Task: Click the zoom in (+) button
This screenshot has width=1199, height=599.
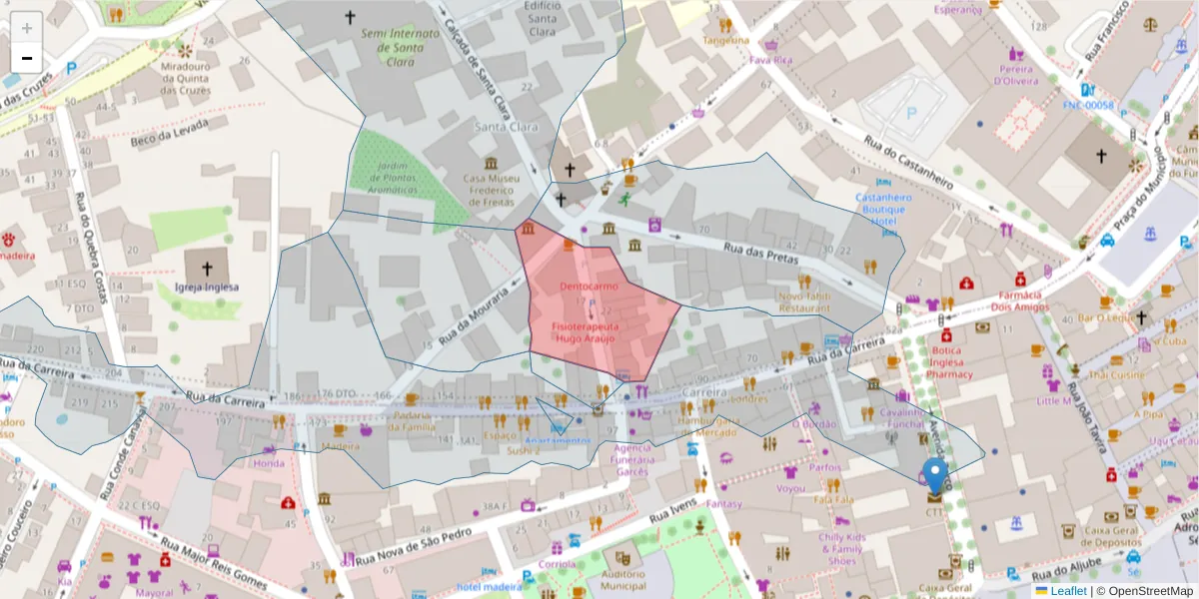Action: [26, 27]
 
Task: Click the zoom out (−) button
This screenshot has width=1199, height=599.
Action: [26, 57]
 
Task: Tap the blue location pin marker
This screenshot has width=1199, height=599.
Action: [934, 477]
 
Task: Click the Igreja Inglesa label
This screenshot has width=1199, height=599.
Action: [206, 287]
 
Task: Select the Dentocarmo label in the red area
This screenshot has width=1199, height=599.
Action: [589, 287]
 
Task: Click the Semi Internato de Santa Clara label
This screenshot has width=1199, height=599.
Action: [400, 47]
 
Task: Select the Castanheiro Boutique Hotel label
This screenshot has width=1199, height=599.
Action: [879, 209]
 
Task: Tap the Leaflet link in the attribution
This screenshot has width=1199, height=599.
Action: [1068, 591]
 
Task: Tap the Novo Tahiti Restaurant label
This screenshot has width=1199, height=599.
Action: [804, 301]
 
